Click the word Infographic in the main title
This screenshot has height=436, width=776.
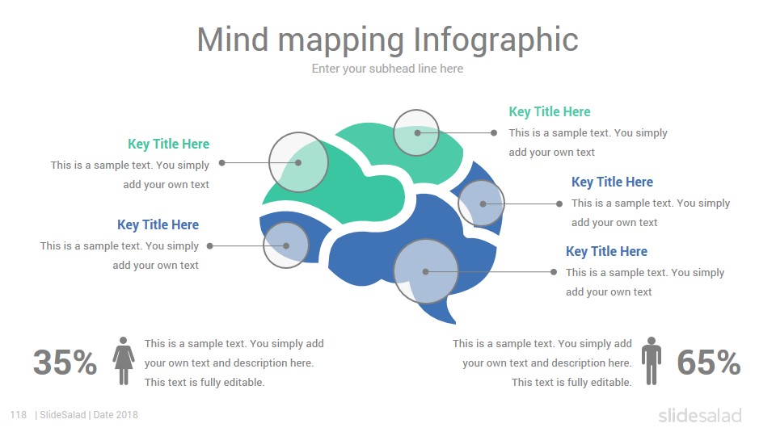496,40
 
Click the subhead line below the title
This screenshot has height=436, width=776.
387,69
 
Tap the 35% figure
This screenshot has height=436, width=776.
65,363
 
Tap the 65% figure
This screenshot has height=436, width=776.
709,363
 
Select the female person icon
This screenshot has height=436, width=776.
123,361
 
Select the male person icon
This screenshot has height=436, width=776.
652,361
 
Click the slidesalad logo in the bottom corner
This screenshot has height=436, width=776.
700,415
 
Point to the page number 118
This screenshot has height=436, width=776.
19,415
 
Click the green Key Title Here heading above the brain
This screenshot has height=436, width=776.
550,111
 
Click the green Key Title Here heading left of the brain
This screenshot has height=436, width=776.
168,144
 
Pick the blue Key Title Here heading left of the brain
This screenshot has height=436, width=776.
158,224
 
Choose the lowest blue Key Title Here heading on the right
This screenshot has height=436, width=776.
606,251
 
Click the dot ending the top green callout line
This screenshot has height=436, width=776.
493,132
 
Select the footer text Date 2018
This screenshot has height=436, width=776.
116,415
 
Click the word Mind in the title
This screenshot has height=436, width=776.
233,40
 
